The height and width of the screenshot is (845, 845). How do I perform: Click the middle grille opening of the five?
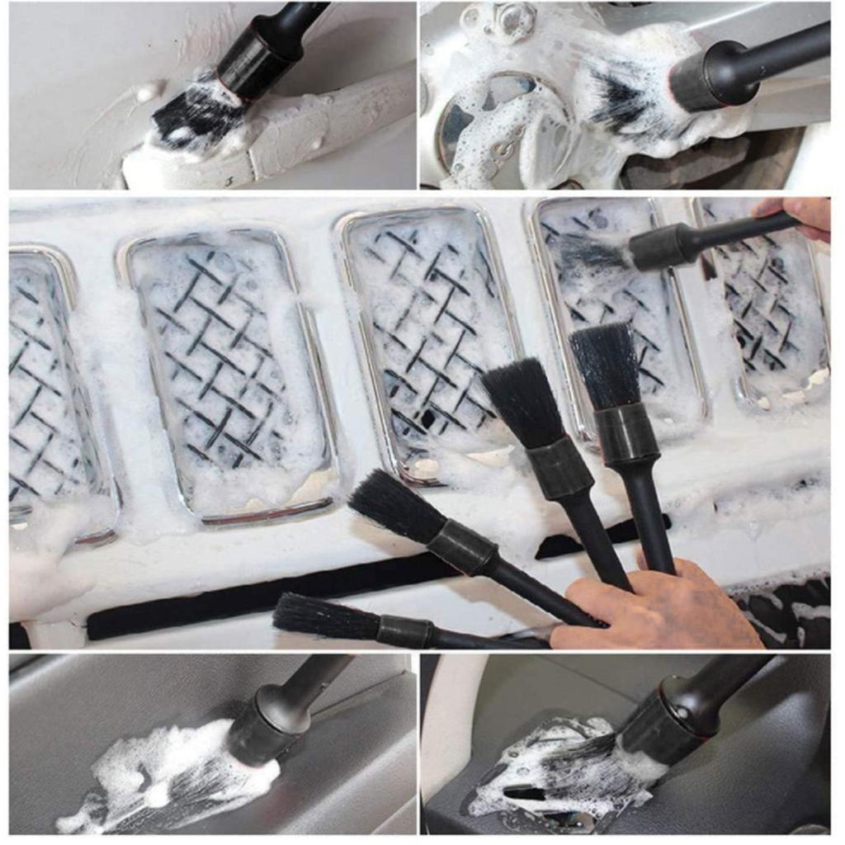click(429, 338)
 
